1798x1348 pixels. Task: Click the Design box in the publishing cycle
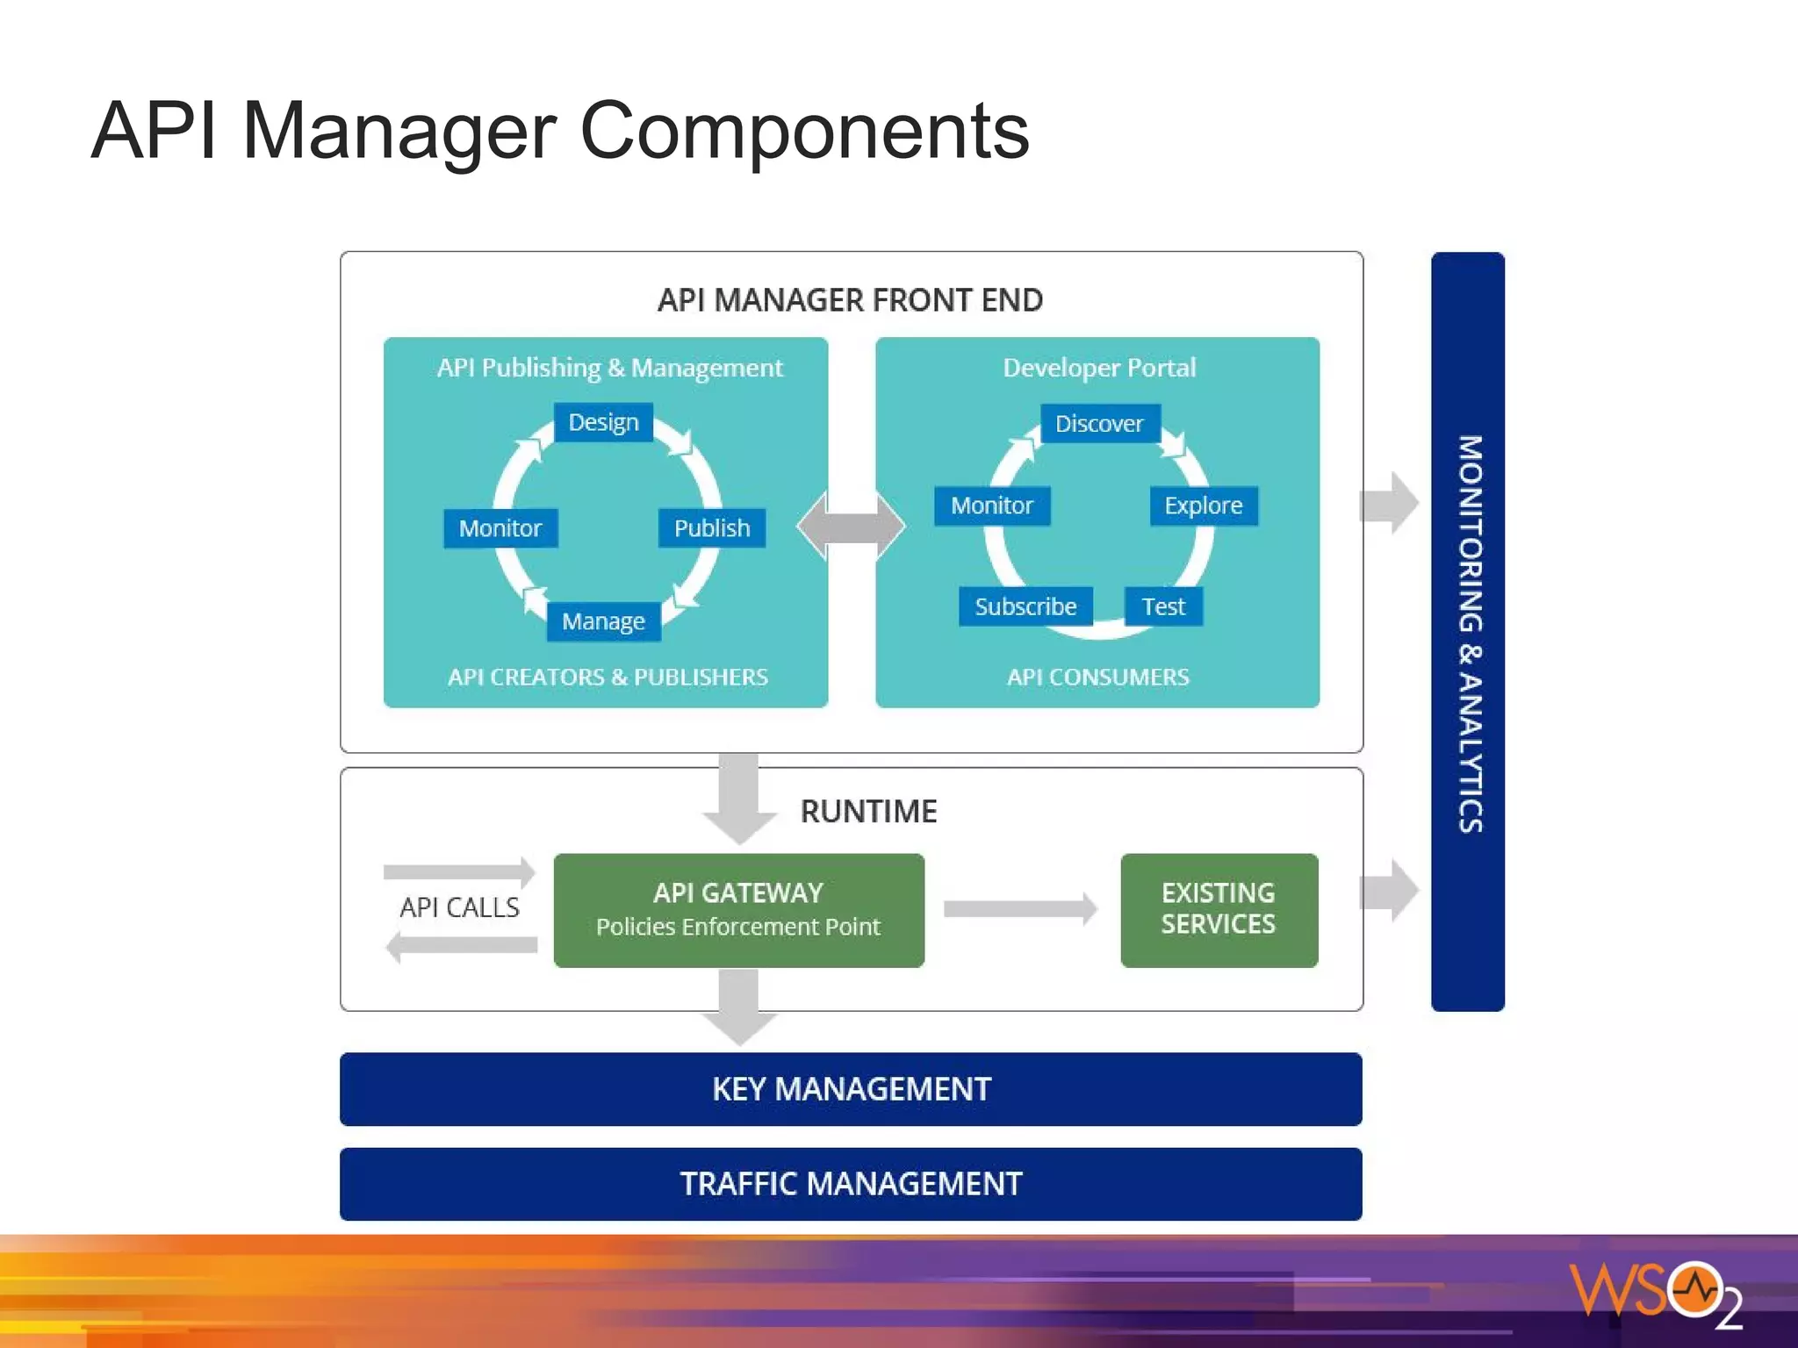603,422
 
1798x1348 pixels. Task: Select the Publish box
711,528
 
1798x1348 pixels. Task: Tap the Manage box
603,621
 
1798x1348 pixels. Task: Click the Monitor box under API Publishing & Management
500,528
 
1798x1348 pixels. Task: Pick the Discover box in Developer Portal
1099,424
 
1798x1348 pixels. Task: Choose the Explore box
1203,505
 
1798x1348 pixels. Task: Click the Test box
1163,606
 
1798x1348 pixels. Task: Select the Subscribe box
1025,606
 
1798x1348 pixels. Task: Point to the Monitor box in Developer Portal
992,505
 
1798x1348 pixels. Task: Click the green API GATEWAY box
738,910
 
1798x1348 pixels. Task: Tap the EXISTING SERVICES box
1219,910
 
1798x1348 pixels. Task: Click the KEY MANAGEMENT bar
851,1089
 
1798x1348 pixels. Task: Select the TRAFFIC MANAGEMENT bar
851,1184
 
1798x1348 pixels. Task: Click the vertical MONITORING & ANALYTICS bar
1468,632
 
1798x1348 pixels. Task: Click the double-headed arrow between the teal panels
851,527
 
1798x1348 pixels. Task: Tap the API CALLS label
459,907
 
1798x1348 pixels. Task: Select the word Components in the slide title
804,131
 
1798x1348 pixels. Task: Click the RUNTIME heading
868,811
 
